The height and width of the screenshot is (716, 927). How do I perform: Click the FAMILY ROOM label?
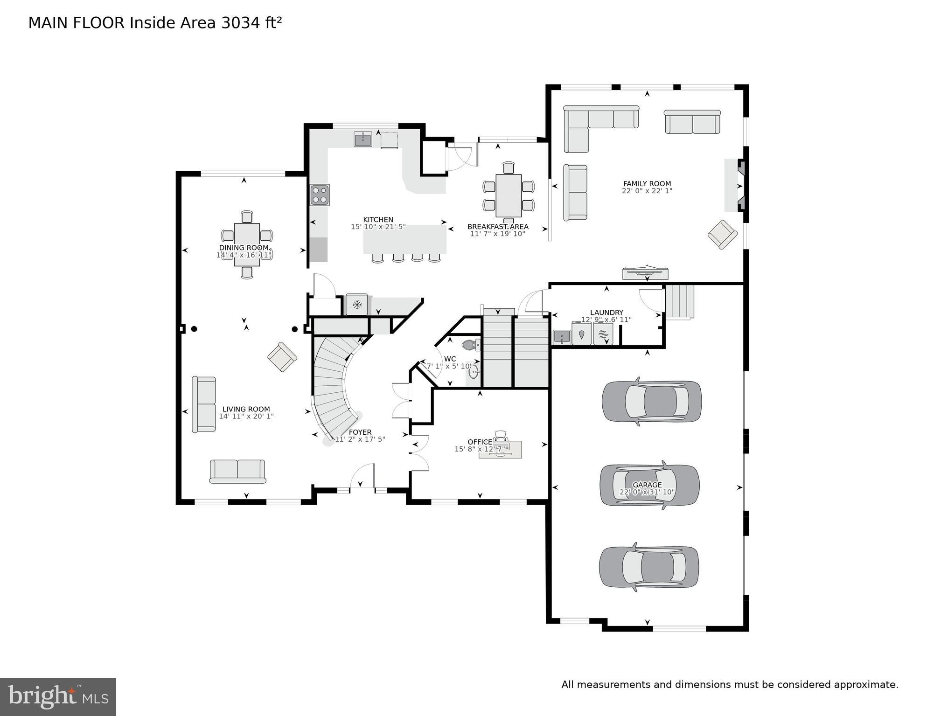(647, 184)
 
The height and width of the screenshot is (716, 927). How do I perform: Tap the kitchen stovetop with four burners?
(320, 195)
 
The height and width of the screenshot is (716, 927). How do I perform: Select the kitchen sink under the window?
(362, 139)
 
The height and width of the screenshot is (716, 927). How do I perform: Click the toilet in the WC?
(470, 345)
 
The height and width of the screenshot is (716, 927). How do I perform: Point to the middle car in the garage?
(649, 485)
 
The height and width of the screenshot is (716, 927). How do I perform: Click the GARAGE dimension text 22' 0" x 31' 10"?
(647, 492)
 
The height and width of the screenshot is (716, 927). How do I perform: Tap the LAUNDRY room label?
(606, 313)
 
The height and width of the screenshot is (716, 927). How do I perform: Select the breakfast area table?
(508, 195)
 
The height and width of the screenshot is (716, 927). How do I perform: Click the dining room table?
(247, 244)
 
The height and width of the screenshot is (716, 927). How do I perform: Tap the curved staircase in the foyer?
(332, 382)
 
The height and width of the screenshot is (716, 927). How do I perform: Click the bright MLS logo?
(58, 696)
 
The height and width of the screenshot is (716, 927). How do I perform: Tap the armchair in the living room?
(282, 357)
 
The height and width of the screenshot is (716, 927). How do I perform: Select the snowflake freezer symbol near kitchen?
(357, 305)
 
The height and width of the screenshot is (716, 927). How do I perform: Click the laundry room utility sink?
(561, 336)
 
